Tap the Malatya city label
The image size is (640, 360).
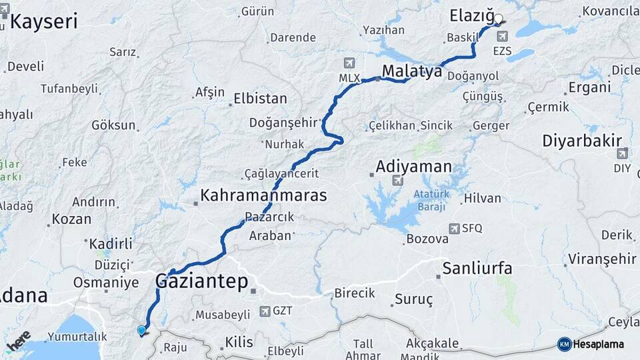[412, 71]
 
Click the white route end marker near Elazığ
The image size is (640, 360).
[498, 19]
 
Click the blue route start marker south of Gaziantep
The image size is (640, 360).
[141, 330]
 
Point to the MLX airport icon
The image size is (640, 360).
[348, 63]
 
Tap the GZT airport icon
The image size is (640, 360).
[265, 311]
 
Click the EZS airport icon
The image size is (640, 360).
[501, 36]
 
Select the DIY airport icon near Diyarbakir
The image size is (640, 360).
[622, 154]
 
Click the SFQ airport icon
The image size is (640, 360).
[455, 228]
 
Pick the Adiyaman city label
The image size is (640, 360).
[413, 166]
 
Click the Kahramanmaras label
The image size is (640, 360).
[263, 196]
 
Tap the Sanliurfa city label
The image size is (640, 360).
[477, 269]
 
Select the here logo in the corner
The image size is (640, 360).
[19, 340]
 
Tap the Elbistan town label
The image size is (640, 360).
[260, 99]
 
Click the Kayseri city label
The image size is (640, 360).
[44, 21]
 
